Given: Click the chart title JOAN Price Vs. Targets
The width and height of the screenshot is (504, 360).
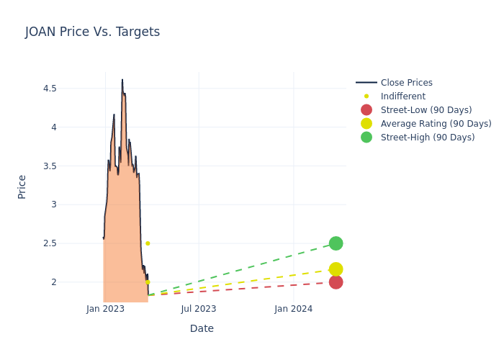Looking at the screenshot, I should pyautogui.click(x=92, y=32).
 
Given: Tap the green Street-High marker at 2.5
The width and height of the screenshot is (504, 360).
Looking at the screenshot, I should pyautogui.click(x=336, y=243).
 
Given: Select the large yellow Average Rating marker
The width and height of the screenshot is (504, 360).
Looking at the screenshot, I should pyautogui.click(x=336, y=269).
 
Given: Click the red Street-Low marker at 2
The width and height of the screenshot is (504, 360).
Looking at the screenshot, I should pyautogui.click(x=336, y=282).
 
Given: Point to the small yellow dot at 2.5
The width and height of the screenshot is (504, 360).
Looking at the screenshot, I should pyautogui.click(x=148, y=243).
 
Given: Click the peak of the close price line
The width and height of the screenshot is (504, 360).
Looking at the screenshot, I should pyautogui.click(x=122, y=80).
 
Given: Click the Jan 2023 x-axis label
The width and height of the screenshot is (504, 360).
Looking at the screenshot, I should pyautogui.click(x=105, y=309).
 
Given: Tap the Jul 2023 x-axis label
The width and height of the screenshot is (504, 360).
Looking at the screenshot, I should pyautogui.click(x=199, y=309).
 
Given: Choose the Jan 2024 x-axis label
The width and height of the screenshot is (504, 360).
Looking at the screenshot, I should pyautogui.click(x=294, y=309).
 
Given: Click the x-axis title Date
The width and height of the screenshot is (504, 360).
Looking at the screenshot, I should pyautogui.click(x=202, y=328).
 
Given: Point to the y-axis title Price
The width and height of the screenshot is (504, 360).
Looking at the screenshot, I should pyautogui.click(x=22, y=186).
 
